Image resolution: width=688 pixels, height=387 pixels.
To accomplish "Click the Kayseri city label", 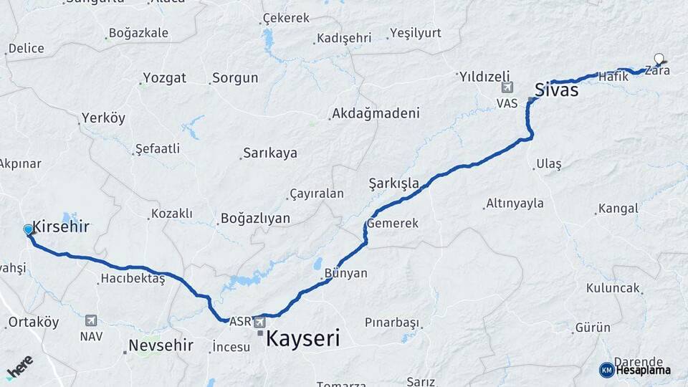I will (x=302, y=339).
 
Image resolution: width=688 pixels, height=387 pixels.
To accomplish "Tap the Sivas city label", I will (x=557, y=92).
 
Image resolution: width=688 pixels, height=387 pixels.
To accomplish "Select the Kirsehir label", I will (x=61, y=227).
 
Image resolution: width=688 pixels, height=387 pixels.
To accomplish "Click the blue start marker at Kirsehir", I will (x=28, y=229).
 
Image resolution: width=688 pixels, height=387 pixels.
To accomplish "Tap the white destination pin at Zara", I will (x=659, y=59).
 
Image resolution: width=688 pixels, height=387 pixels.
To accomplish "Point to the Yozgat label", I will (x=164, y=77).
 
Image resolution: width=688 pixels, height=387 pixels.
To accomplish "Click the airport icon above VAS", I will (x=508, y=87).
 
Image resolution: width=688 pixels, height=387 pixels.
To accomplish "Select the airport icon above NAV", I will (x=90, y=320).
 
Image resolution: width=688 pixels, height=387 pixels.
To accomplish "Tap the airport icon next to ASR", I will (x=259, y=322).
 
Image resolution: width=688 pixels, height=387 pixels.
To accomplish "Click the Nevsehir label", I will (x=161, y=345).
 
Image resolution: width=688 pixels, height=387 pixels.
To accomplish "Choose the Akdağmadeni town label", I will (x=375, y=114).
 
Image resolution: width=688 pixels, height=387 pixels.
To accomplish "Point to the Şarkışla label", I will (x=393, y=183).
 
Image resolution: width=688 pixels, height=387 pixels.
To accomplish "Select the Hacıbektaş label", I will (x=133, y=278).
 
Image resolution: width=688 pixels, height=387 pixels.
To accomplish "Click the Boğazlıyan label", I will (x=255, y=219).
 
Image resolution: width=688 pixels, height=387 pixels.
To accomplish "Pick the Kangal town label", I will (x=618, y=209).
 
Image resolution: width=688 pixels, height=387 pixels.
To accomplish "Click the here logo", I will (x=19, y=368).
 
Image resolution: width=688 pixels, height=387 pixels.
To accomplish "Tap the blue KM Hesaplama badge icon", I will (x=606, y=370).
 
